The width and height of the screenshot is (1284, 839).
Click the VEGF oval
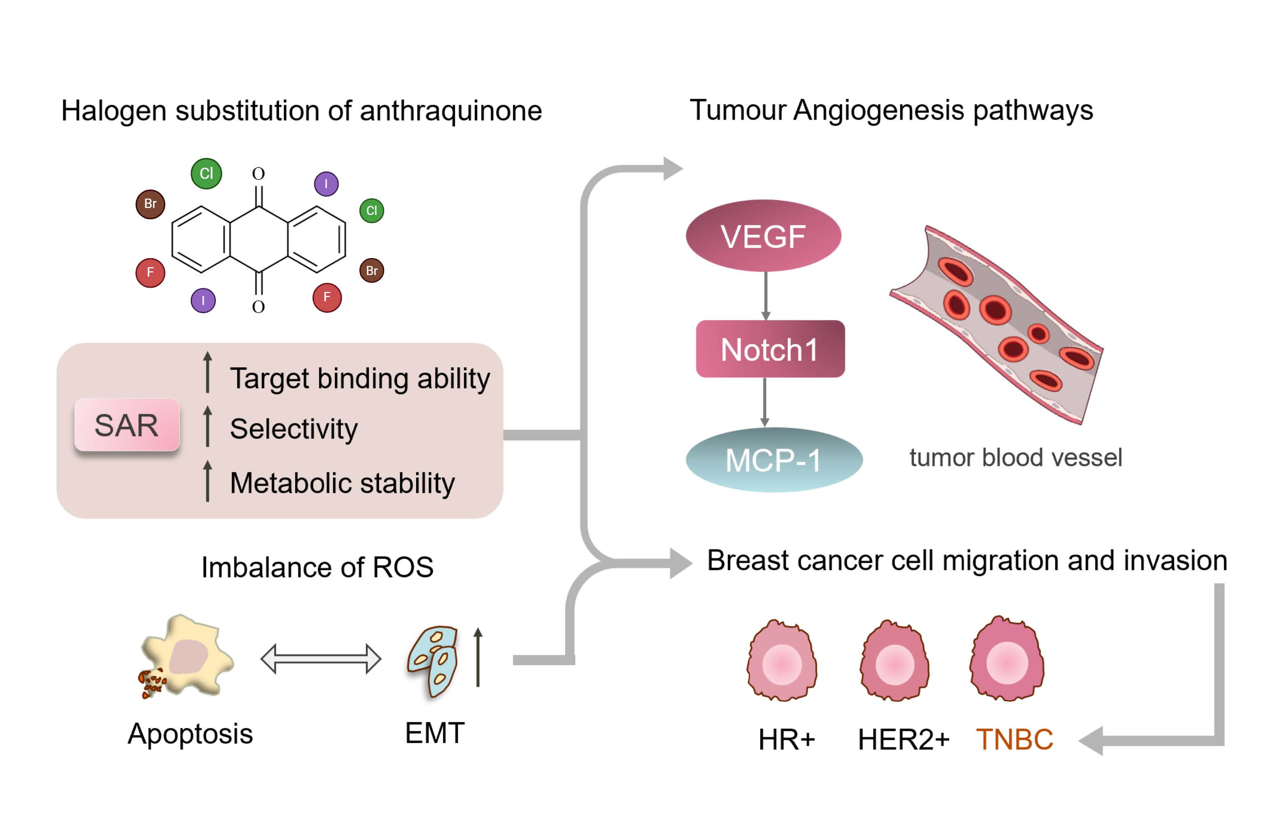[763, 236]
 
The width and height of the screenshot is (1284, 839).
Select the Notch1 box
[770, 349]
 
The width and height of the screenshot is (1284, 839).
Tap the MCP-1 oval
[774, 460]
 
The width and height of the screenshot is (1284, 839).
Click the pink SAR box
[127, 425]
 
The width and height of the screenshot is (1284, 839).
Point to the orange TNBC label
[1014, 739]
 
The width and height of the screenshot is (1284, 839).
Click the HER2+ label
[903, 739]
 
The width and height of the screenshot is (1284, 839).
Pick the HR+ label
[786, 739]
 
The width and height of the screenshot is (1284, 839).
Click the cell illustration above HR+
[782, 661]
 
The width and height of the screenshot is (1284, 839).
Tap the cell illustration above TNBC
[1007, 659]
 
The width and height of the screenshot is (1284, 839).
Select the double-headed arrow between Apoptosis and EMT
[321, 659]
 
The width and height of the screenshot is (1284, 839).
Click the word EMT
[434, 733]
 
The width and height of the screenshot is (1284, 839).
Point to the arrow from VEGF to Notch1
[765, 296]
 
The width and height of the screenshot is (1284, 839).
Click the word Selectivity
[294, 429]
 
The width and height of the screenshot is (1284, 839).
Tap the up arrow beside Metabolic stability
[208, 481]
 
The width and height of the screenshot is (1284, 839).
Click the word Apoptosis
[190, 734]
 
